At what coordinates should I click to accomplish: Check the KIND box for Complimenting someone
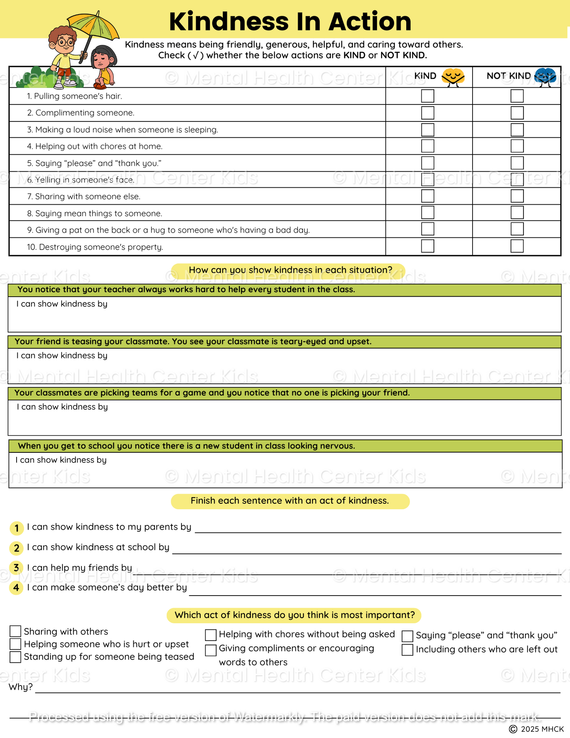pyautogui.click(x=428, y=113)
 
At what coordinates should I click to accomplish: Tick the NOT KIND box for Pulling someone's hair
pyautogui.click(x=517, y=96)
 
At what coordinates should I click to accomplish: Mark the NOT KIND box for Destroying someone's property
pyautogui.click(x=517, y=246)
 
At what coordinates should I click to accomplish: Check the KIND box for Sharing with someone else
pyautogui.click(x=428, y=196)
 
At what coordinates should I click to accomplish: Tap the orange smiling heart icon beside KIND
pyautogui.click(x=453, y=77)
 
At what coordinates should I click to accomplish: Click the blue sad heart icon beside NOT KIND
pyautogui.click(x=545, y=77)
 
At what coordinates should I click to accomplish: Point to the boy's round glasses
pyautogui.click(x=65, y=41)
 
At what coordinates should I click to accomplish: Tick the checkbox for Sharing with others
pyautogui.click(x=15, y=632)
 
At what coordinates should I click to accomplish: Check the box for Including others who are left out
pyautogui.click(x=407, y=650)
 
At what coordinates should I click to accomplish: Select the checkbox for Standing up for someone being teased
pyautogui.click(x=15, y=657)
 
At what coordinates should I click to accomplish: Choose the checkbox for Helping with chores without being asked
pyautogui.click(x=211, y=635)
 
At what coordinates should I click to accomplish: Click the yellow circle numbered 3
pyautogui.click(x=16, y=568)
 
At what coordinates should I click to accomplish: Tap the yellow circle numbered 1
pyautogui.click(x=17, y=528)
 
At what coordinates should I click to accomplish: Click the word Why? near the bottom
pyautogui.click(x=21, y=687)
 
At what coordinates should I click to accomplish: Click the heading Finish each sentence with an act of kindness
pyautogui.click(x=290, y=501)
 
